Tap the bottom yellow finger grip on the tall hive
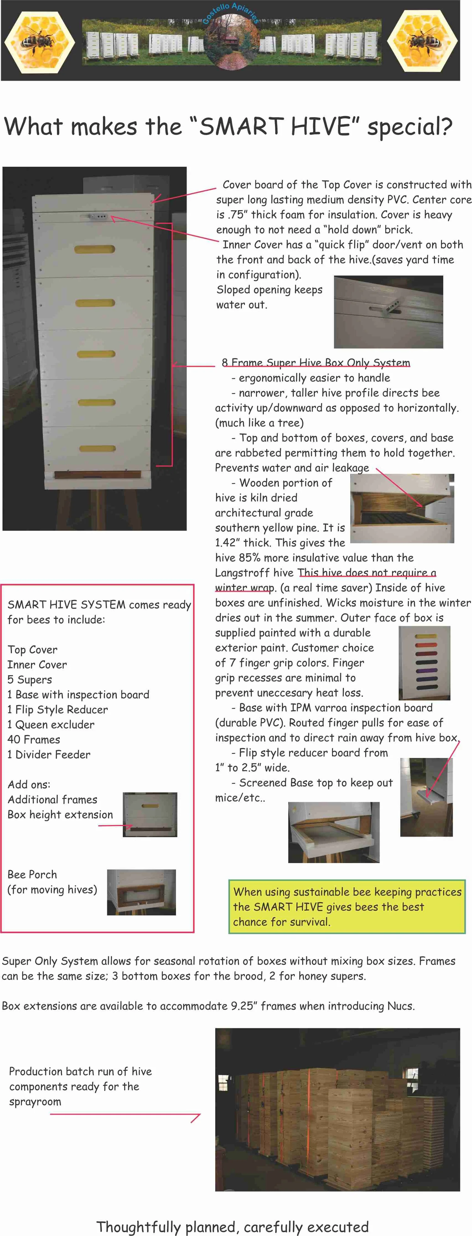click(97, 449)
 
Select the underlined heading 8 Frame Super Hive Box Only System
click(316, 363)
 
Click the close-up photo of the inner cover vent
click(388, 312)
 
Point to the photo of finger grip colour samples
click(424, 663)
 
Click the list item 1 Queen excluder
click(51, 725)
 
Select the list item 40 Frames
click(34, 739)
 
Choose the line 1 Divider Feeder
click(48, 754)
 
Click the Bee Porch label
click(32, 874)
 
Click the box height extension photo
click(150, 814)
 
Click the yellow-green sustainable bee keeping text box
click(347, 906)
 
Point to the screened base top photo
click(333, 832)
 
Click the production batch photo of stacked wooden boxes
click(337, 1109)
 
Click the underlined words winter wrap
click(244, 588)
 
